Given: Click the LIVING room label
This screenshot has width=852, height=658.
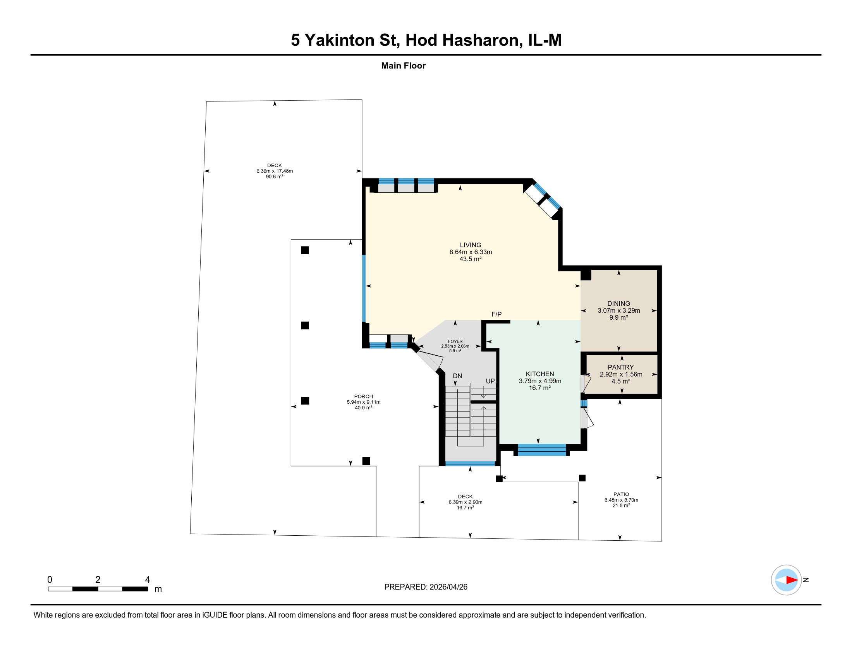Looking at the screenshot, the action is [470, 245].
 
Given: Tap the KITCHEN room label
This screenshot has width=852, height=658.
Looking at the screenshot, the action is [539, 374].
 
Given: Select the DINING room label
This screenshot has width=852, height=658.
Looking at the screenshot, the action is [618, 303].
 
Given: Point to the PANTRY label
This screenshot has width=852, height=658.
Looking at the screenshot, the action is [620, 367].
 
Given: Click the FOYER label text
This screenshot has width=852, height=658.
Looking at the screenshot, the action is [455, 341].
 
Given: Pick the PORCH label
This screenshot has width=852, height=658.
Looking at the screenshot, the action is [363, 396].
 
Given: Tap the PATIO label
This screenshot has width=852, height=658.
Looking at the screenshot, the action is [621, 494].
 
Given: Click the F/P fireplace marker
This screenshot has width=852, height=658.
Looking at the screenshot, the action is [496, 314].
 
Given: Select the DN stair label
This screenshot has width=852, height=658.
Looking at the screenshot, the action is [457, 376].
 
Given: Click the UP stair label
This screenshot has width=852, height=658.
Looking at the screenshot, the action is [490, 381].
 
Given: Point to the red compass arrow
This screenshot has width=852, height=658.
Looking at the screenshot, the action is [792, 580].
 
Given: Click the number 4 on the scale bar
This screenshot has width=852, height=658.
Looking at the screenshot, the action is [148, 580].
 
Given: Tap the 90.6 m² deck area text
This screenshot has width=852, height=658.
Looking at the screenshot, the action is [274, 176].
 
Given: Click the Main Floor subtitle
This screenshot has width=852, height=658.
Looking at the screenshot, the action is [404, 65].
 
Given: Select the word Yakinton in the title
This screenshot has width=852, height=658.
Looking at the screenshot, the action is [339, 40].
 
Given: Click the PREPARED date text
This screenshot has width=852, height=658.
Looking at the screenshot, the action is [426, 587].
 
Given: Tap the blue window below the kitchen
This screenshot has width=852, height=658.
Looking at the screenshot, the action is [541, 449].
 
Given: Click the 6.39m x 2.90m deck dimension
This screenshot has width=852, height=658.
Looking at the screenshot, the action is [465, 502].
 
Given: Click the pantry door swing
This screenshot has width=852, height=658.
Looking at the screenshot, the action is [586, 384].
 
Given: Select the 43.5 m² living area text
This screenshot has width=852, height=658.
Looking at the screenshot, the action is [470, 259].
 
